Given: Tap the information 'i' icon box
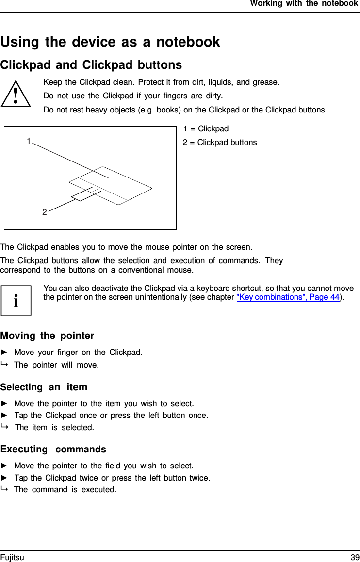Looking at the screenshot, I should pyautogui.click(x=16, y=300).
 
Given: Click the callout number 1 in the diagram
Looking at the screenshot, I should pyautogui.click(x=29, y=141).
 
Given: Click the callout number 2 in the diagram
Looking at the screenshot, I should pyautogui.click(x=44, y=212).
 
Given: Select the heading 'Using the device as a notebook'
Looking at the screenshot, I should pyautogui.click(x=110, y=42).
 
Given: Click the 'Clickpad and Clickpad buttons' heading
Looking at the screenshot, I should pyautogui.click(x=91, y=65).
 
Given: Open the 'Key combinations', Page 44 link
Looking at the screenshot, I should pyautogui.click(x=288, y=297).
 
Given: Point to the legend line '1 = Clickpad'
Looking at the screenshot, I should pyautogui.click(x=206, y=128).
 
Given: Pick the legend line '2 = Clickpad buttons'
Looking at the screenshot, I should pyautogui.click(x=220, y=142).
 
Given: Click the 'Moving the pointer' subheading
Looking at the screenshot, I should pyautogui.click(x=48, y=336).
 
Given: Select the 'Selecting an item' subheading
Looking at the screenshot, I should pyautogui.click(x=44, y=387).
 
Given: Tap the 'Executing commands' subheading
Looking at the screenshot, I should pyautogui.click(x=53, y=449).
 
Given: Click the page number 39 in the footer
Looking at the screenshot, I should pyautogui.click(x=355, y=557).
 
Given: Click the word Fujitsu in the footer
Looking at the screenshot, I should pyautogui.click(x=12, y=557).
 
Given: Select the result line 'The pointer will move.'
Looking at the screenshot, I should pyautogui.click(x=56, y=365).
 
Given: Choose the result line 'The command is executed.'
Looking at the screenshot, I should pyautogui.click(x=65, y=489).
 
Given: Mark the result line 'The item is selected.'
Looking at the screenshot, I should pyautogui.click(x=54, y=427).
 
